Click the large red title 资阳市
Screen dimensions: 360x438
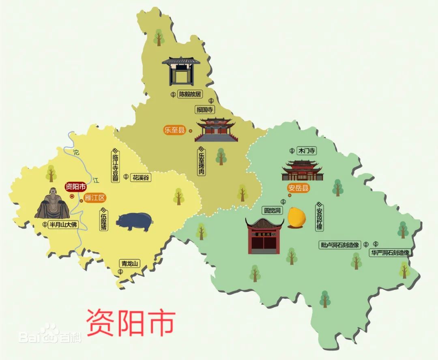tap(131, 322)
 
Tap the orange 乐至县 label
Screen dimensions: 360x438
tap(175, 130)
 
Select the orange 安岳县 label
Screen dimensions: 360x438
tap(298, 188)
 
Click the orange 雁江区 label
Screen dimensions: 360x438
tap(95, 198)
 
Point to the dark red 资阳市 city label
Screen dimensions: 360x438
tap(75, 187)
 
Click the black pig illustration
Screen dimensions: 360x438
tap(135, 222)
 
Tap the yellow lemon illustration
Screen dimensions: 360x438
tap(297, 217)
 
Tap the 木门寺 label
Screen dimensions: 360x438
tap(307, 151)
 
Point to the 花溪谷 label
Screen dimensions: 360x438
tap(141, 177)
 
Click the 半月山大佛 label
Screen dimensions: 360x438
tap(62, 225)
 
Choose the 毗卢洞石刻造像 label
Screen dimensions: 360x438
tap(340, 245)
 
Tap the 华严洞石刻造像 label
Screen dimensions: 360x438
tap(390, 253)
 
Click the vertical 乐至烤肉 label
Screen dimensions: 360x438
tap(202, 162)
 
